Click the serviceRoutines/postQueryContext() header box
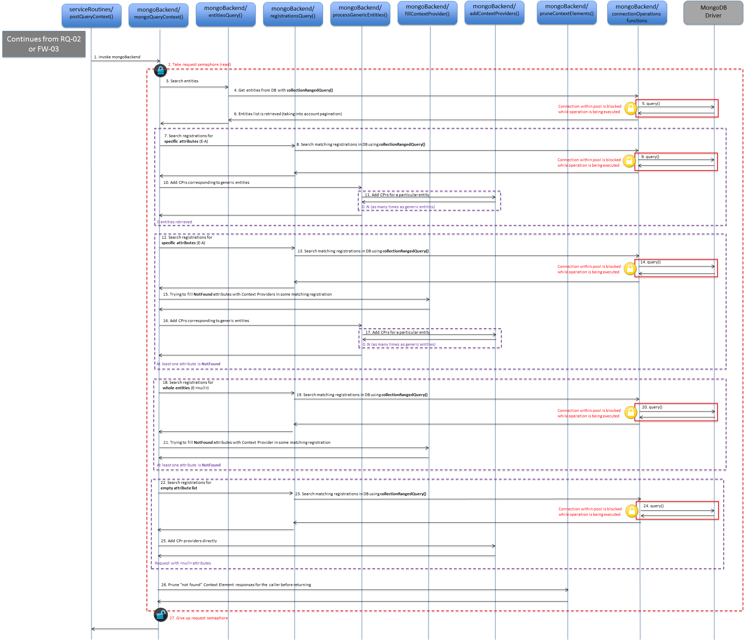coord(91,15)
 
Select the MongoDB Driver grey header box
coord(713,13)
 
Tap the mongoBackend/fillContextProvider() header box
coord(427,13)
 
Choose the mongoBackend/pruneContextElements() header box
coord(567,13)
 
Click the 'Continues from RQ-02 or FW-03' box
coord(44,44)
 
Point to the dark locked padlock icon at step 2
coord(160,70)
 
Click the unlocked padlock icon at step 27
coord(160,615)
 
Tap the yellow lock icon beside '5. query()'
coord(630,108)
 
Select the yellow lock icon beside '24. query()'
coord(631,511)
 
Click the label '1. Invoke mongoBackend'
coord(117,57)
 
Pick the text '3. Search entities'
coord(182,81)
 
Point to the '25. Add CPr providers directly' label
coord(189,541)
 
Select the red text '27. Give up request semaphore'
coord(198,618)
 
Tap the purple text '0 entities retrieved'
coord(174,222)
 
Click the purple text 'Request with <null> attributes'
coord(183,563)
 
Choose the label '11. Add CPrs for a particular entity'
coord(397,195)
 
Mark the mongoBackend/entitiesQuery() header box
coord(225,14)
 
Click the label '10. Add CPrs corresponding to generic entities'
coord(206,182)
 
